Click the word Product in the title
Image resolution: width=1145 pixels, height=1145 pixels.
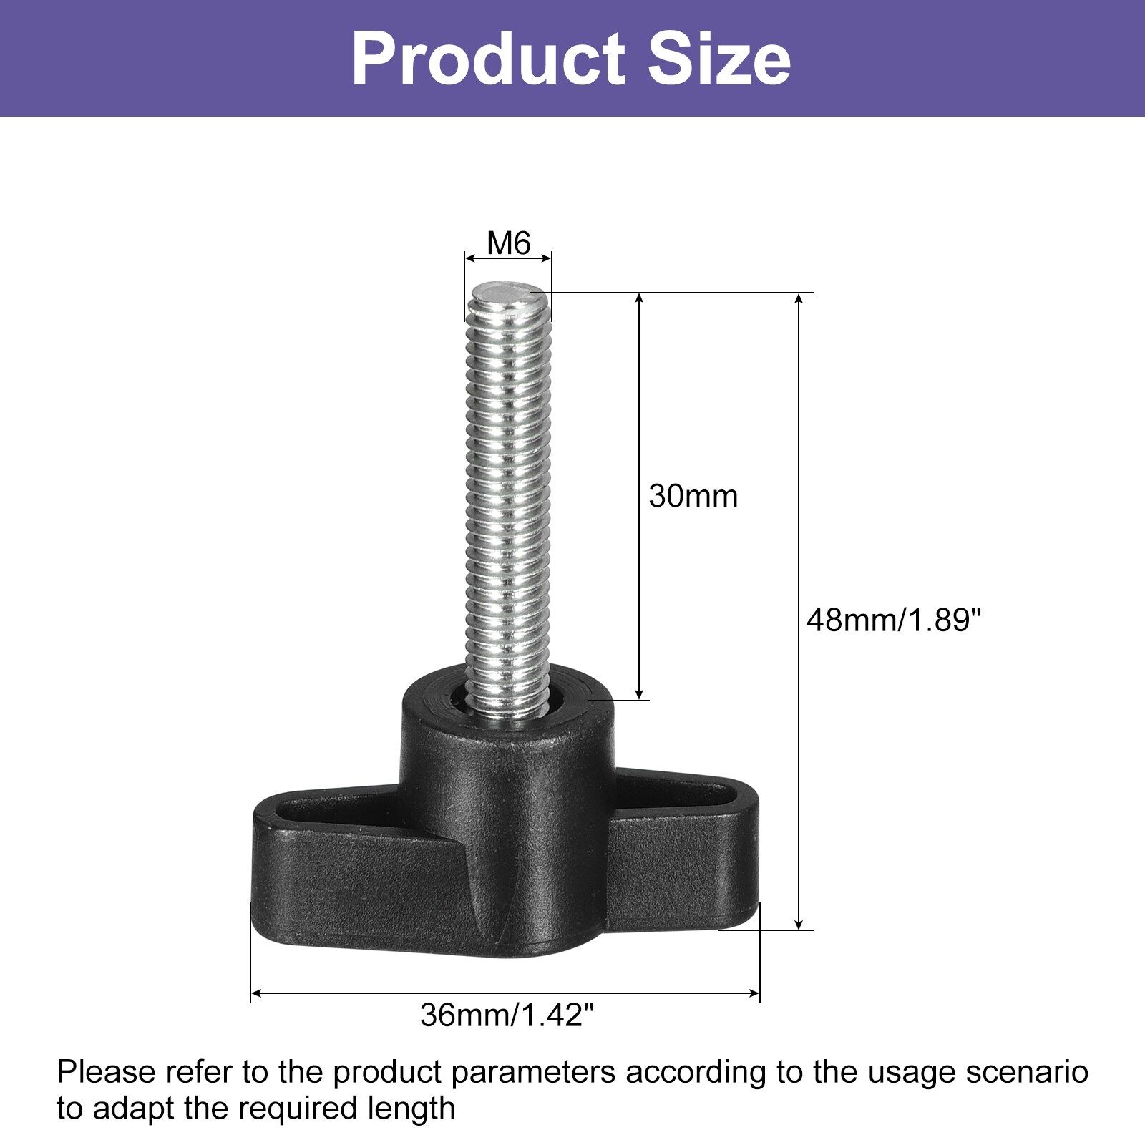tap(489, 59)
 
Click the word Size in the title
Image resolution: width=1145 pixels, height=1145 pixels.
tap(719, 59)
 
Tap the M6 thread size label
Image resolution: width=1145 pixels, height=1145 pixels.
tap(509, 243)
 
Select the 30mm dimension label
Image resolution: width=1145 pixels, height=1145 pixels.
tap(693, 497)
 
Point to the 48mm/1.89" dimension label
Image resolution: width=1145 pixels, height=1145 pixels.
tap(892, 620)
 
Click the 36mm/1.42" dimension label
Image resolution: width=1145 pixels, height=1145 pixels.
tap(507, 1015)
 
